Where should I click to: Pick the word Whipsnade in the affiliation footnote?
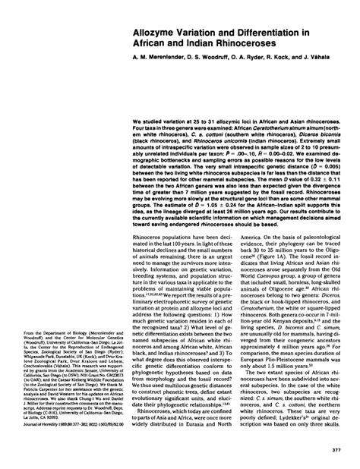tap(36, 359)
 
